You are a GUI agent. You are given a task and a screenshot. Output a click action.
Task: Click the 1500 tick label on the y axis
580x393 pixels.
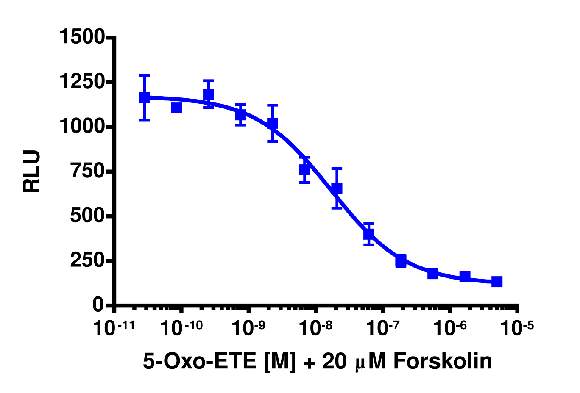(x=82, y=37)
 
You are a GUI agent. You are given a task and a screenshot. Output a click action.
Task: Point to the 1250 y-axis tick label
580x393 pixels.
(x=82, y=82)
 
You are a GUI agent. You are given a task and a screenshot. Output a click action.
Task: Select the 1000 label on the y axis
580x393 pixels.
(x=82, y=126)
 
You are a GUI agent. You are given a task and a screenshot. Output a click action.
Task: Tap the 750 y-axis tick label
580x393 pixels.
(x=87, y=171)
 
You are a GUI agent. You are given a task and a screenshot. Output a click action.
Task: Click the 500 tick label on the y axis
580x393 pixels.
(x=87, y=216)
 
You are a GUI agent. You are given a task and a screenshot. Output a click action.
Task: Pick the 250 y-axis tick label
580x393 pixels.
(x=87, y=260)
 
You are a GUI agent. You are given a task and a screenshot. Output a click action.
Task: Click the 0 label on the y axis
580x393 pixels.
(x=98, y=305)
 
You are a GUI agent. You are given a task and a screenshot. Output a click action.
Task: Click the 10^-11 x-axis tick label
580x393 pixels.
(x=114, y=328)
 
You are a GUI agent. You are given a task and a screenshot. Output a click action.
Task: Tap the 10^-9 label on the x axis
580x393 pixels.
(x=248, y=328)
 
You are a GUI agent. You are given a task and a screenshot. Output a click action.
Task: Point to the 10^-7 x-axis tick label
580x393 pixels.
(x=383, y=328)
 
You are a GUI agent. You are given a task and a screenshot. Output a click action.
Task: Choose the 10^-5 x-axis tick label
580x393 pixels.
(x=517, y=328)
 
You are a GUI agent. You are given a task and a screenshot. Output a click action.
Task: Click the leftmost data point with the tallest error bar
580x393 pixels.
(x=145, y=98)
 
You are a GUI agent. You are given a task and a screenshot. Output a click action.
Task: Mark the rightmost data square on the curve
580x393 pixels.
(x=497, y=282)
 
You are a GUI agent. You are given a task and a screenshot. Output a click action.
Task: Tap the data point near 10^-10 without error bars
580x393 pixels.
(x=176, y=108)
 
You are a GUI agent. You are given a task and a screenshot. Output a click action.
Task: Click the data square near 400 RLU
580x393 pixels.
(x=369, y=233)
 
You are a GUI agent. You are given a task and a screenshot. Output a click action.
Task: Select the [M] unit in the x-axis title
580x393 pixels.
(x=279, y=362)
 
